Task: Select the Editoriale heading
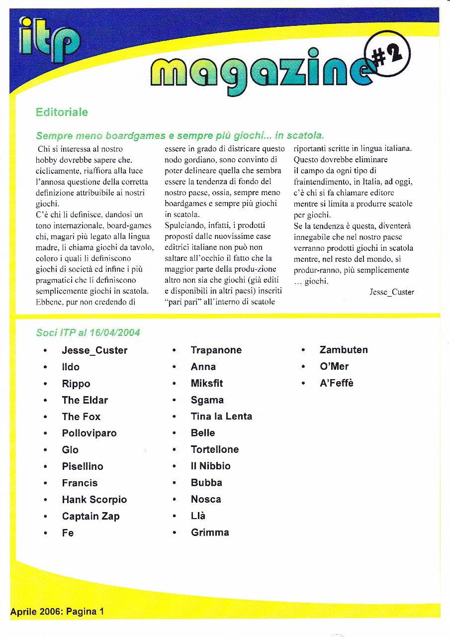62,112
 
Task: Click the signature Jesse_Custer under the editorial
392,292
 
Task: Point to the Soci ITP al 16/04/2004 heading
88,332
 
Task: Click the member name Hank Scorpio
94,500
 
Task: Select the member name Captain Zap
90,516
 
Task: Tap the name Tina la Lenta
221,417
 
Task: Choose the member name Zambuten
344,350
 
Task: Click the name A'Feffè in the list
337,383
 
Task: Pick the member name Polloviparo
89,433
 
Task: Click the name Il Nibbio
210,466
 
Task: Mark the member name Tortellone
215,449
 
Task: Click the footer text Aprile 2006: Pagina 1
57,612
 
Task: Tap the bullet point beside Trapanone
174,351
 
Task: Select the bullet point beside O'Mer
303,367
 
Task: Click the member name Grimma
210,532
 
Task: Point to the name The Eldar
85,400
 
